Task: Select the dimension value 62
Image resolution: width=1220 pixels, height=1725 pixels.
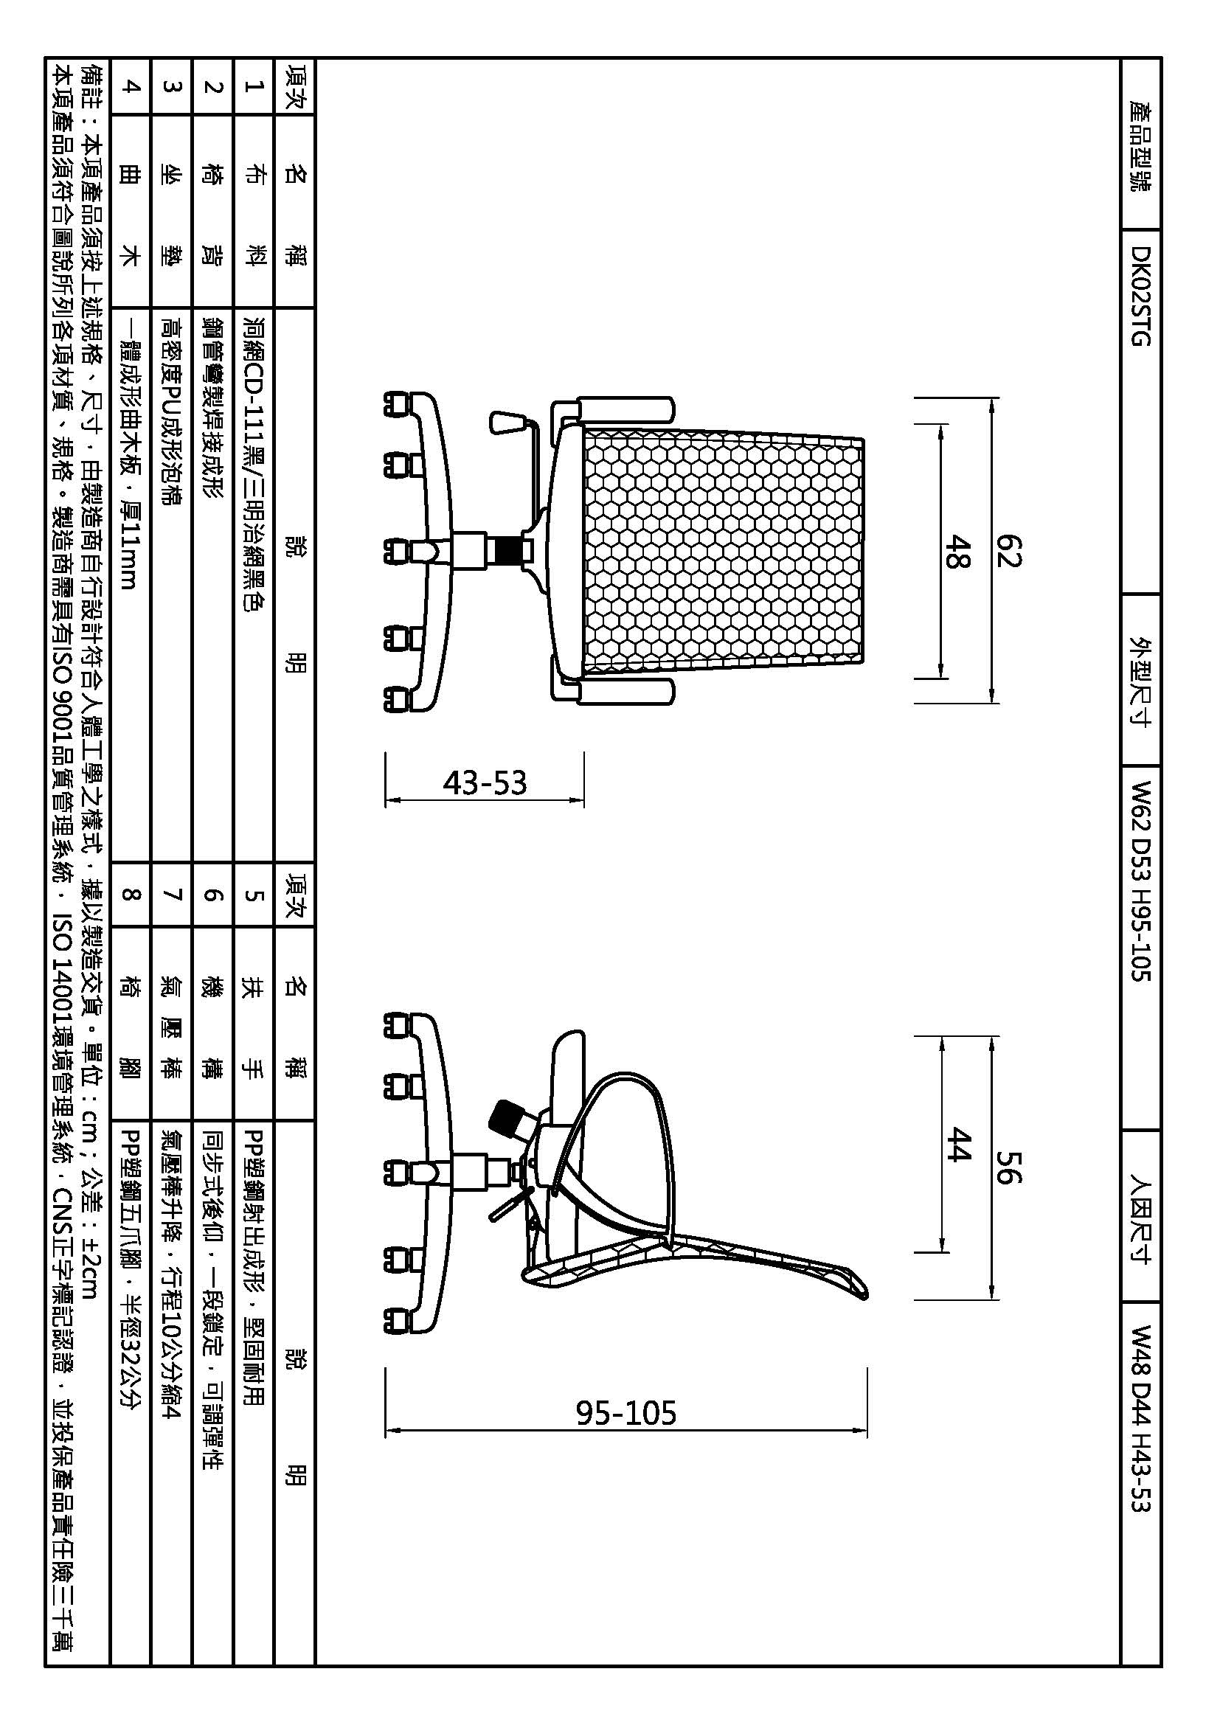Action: (x=1009, y=550)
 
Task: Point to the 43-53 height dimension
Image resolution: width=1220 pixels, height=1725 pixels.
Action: (x=485, y=783)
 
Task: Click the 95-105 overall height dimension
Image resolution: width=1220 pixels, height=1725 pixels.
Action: (x=625, y=1413)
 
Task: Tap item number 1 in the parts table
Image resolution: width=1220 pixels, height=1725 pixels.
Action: (x=254, y=86)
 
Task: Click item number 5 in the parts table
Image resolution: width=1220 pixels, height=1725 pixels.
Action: (x=254, y=895)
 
